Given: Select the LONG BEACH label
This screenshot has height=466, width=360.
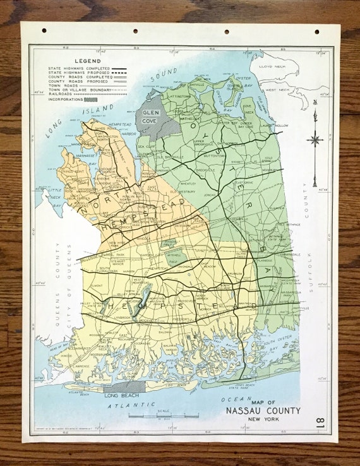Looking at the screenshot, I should tap(120, 395).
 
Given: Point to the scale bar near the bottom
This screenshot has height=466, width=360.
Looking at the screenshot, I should tap(163, 415).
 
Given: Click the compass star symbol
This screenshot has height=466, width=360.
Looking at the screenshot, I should tap(315, 140).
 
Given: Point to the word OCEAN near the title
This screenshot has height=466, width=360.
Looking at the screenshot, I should tap(232, 398).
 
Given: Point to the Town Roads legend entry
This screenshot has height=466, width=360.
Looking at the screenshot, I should tap(64, 83).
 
